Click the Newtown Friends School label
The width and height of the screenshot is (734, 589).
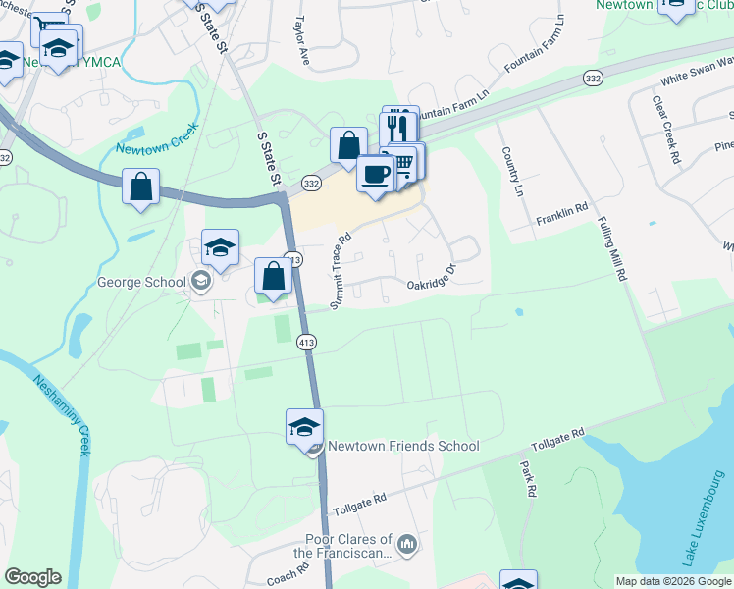[x=402, y=447]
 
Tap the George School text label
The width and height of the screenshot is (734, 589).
[x=141, y=283]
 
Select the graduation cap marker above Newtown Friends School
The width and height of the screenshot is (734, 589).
[x=305, y=427]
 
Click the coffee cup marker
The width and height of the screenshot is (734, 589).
[x=376, y=176]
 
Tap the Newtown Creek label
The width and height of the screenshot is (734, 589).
[x=158, y=139]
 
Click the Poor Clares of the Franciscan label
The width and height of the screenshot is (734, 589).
[x=341, y=547]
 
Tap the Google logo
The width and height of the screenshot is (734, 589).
[x=32, y=577]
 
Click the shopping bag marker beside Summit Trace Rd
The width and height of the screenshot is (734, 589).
[x=274, y=276]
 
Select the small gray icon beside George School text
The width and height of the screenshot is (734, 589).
[x=201, y=283]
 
